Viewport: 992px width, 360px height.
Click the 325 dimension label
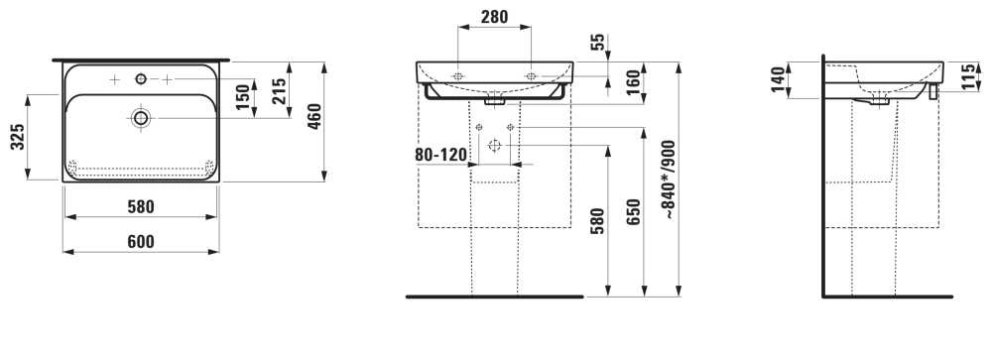(20, 137)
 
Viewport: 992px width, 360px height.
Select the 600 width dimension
(141, 242)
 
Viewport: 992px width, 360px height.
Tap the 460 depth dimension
(313, 115)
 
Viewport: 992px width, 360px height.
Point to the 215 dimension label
(279, 90)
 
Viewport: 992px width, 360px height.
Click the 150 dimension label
(244, 96)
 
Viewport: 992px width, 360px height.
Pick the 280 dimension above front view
(494, 17)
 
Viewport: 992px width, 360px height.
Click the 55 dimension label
(597, 43)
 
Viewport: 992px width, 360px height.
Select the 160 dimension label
(632, 83)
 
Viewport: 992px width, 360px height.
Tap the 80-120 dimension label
(441, 155)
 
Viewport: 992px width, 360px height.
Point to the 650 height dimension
(635, 212)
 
